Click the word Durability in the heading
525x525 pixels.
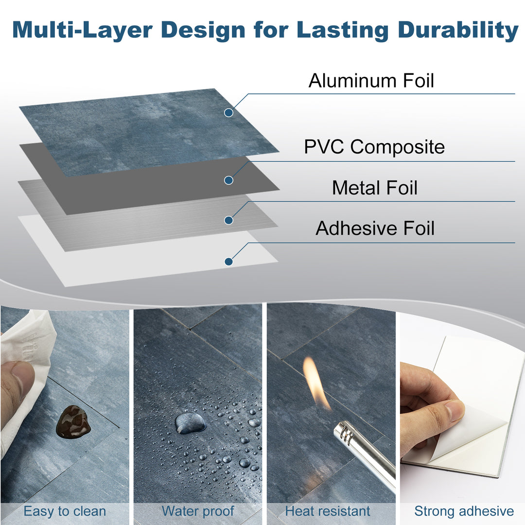[458, 30]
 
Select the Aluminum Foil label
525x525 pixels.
[371, 81]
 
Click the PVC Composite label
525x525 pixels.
[374, 147]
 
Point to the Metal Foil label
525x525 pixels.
[374, 188]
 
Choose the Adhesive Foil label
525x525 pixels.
[375, 228]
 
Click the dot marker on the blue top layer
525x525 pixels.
[228, 113]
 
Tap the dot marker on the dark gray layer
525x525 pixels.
[228, 180]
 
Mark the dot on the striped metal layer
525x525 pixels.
[228, 220]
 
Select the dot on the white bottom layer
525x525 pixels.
[228, 262]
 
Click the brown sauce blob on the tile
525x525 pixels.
[73, 421]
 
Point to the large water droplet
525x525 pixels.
[190, 422]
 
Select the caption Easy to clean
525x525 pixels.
[65, 511]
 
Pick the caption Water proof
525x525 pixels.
[198, 511]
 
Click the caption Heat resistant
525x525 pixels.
[328, 511]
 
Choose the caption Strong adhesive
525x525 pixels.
[464, 511]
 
